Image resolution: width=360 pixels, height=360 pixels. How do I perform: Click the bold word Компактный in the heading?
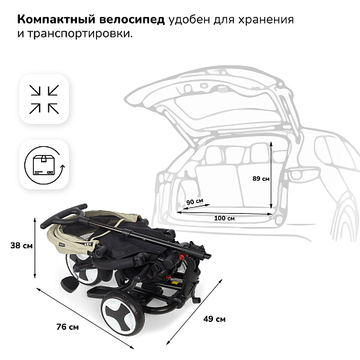pyautogui.click(x=57, y=20)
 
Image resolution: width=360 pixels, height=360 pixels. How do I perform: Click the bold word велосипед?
pyautogui.click(x=132, y=20)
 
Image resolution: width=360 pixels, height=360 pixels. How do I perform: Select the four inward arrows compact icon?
pyautogui.click(x=44, y=99)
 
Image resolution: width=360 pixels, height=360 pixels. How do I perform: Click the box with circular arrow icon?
pyautogui.click(x=44, y=165)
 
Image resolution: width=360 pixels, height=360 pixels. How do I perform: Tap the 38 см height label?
pyautogui.click(x=21, y=245)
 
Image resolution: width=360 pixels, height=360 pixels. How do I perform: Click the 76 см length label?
pyautogui.click(x=68, y=327)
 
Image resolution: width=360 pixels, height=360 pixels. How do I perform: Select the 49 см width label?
pyautogui.click(x=215, y=319)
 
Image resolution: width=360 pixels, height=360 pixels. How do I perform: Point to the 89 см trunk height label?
pyautogui.click(x=261, y=179)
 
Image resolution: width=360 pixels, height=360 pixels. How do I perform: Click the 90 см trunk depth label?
pyautogui.click(x=195, y=201)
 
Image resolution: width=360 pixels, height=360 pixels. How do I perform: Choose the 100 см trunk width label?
pyautogui.click(x=224, y=218)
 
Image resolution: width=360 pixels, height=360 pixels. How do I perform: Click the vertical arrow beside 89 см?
pyautogui.click(x=271, y=175)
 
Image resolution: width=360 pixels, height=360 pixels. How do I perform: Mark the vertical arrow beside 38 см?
pyautogui.click(x=35, y=248)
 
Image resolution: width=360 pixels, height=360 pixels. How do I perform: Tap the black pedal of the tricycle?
pyautogui.click(x=70, y=284)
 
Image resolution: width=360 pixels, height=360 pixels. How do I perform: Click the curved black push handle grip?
pyautogui.click(x=63, y=215)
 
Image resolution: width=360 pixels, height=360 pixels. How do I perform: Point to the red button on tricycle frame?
pyautogui.click(x=182, y=256)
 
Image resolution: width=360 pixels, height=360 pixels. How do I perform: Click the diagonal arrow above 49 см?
pyautogui.click(x=194, y=312)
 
